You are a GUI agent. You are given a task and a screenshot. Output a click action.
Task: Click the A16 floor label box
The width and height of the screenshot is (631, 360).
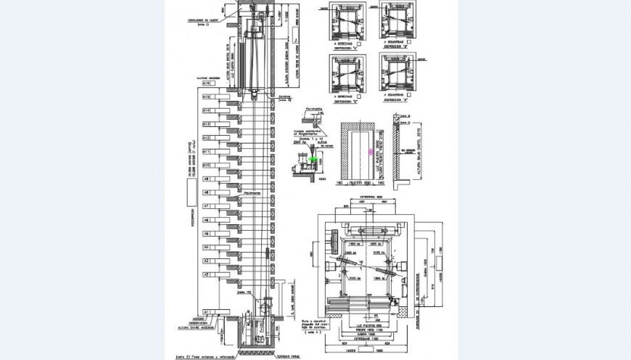pyautogui.click(x=207, y=83)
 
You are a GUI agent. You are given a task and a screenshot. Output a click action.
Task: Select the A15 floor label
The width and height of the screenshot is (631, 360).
pyautogui.click(x=207, y=97)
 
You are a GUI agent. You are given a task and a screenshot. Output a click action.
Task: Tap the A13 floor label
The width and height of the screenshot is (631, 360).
pyautogui.click(x=207, y=124)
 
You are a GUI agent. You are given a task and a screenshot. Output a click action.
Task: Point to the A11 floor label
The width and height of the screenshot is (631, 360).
pyautogui.click(x=207, y=152)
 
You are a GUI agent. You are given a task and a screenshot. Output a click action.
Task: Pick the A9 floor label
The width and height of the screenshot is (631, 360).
pyautogui.click(x=207, y=179)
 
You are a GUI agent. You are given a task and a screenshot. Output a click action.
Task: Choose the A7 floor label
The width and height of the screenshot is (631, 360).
pyautogui.click(x=207, y=206)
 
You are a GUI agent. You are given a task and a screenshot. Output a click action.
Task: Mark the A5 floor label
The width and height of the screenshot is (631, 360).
pyautogui.click(x=207, y=234)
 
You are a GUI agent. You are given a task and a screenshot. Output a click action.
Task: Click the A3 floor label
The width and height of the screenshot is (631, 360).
pyautogui.click(x=207, y=261)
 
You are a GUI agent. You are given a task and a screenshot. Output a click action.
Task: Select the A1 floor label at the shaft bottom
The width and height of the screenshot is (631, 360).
pyautogui.click(x=207, y=311)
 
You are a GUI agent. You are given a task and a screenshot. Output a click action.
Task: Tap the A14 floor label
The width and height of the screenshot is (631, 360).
pyautogui.click(x=207, y=110)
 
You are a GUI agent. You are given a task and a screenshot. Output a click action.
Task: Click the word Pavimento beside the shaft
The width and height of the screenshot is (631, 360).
pyautogui.click(x=252, y=192)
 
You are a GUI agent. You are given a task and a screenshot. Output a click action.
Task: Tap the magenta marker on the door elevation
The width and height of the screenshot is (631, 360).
pyautogui.click(x=371, y=152)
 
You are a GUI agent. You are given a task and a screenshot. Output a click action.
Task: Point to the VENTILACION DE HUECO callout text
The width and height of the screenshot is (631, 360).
pyautogui.click(x=202, y=20)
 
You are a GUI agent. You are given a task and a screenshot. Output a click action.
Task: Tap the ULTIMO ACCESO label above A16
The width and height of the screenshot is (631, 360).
pyautogui.click(x=207, y=78)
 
